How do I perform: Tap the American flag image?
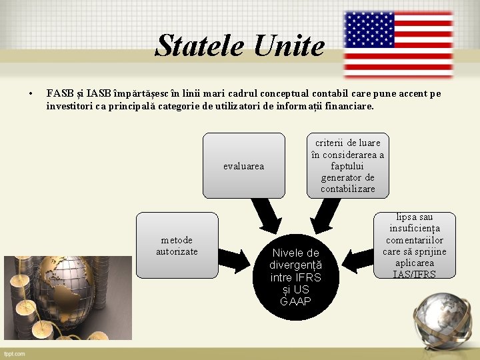click(398, 45)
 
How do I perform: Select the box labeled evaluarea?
click(243, 166)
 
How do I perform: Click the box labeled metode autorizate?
click(177, 245)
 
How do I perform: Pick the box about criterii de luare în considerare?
click(347, 166)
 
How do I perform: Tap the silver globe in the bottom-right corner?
click(440, 319)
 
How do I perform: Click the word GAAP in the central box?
click(295, 302)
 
